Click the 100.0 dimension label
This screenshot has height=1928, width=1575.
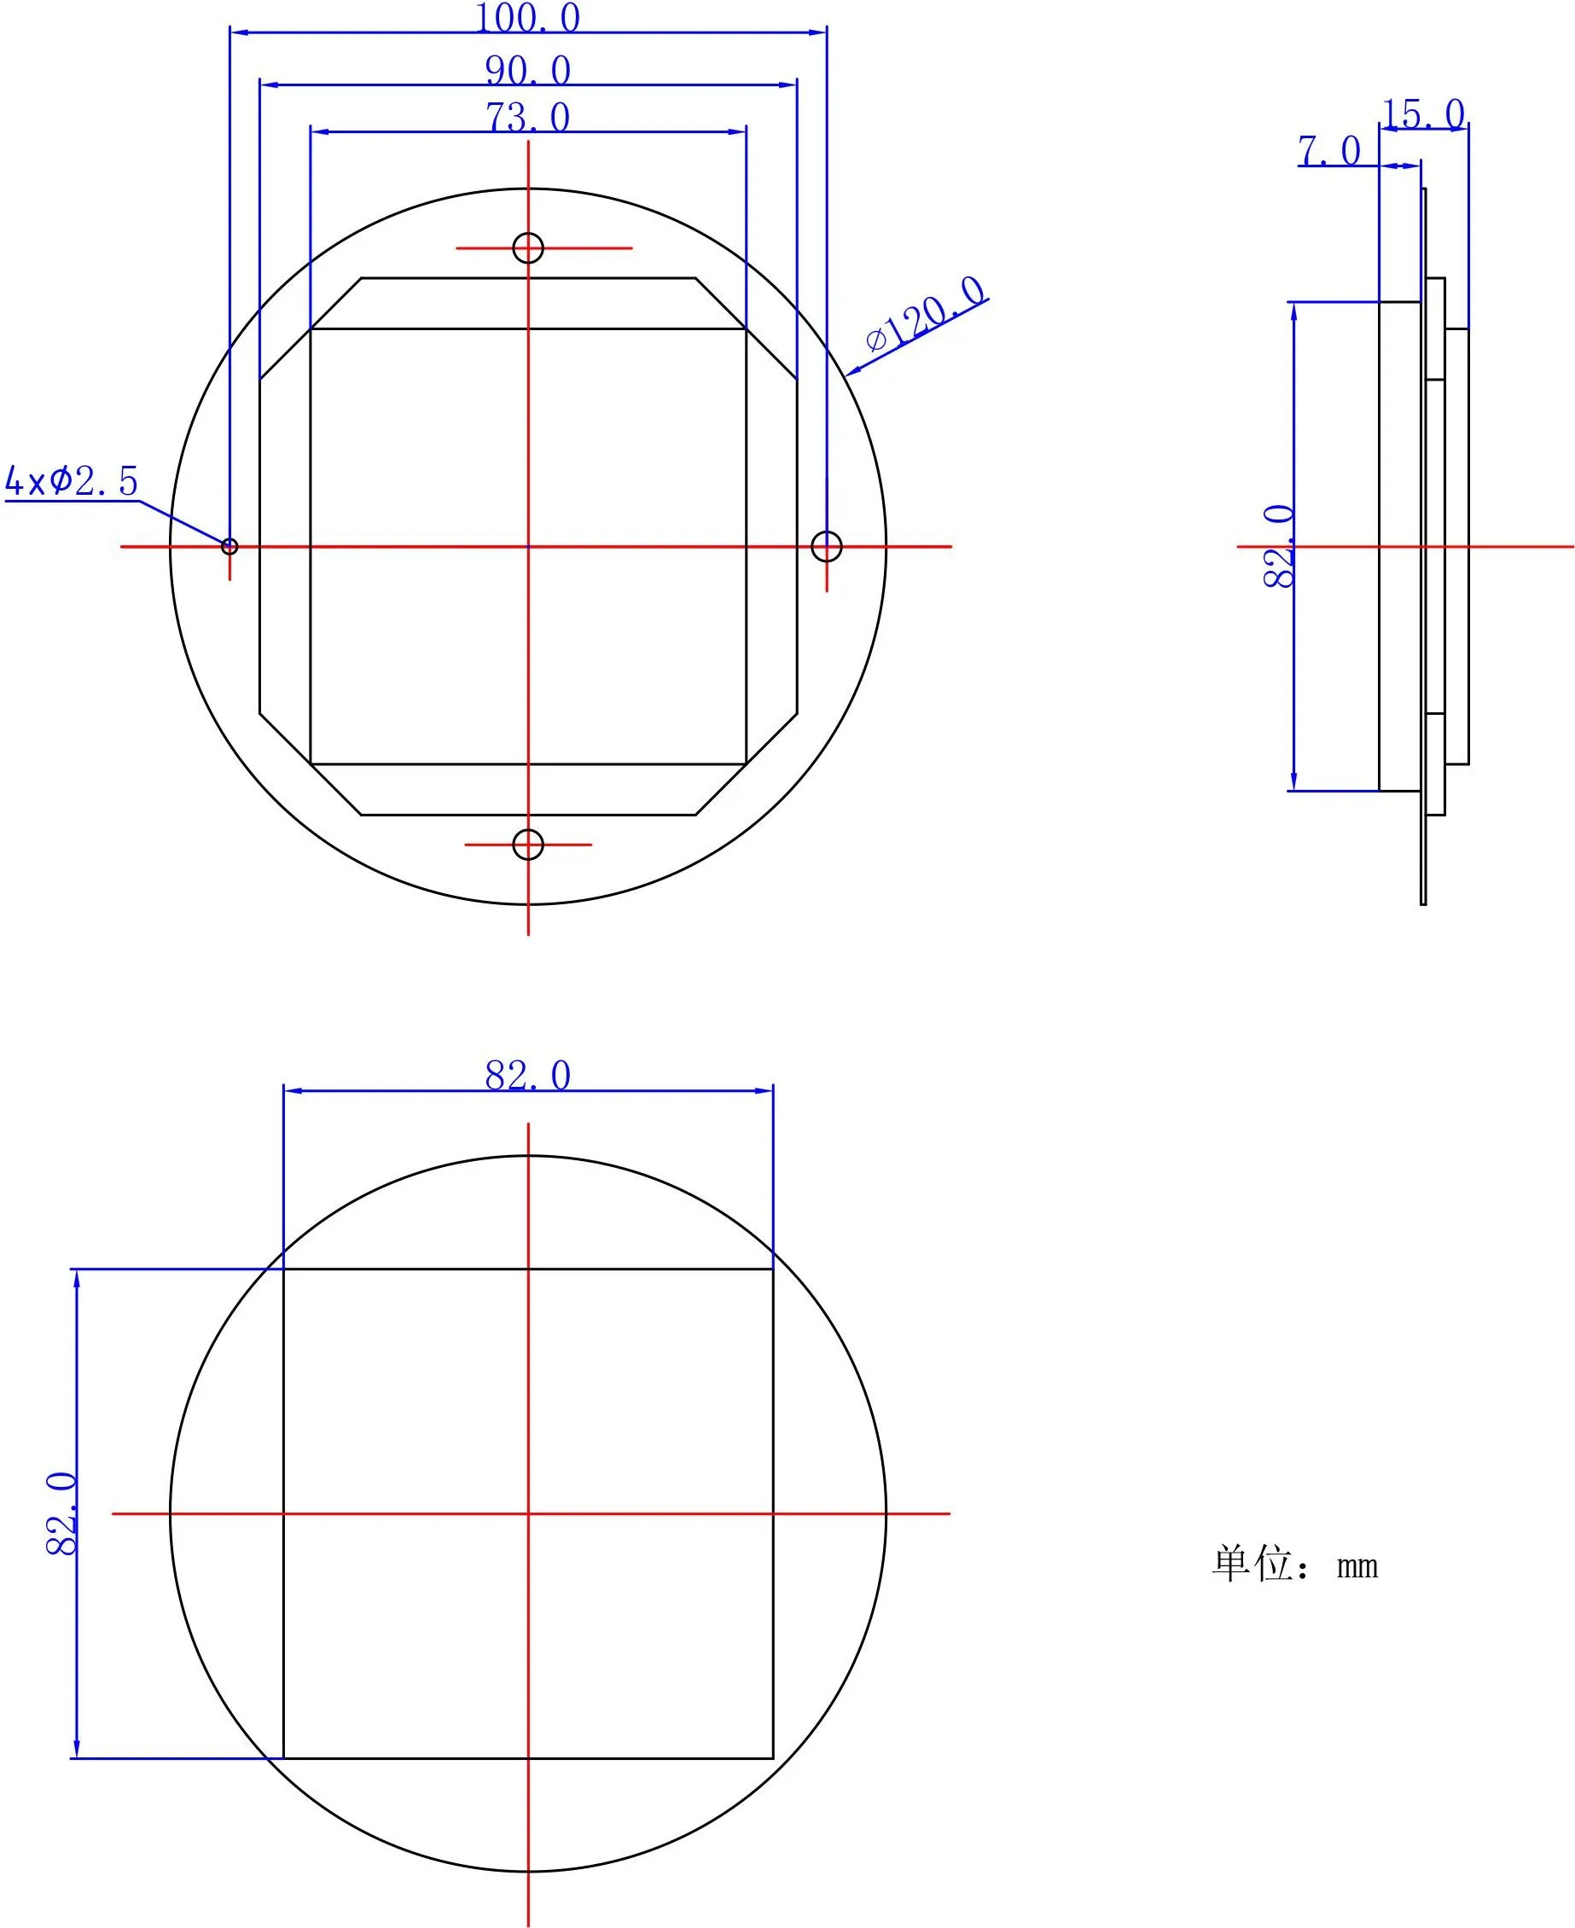[527, 18]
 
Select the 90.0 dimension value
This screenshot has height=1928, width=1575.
[527, 70]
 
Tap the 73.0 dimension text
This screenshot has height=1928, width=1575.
[527, 117]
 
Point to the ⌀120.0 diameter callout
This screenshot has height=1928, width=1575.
[926, 314]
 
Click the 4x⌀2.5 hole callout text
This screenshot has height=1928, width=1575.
[72, 481]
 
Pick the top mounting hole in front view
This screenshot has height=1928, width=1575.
[528, 247]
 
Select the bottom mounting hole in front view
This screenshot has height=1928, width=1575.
[528, 845]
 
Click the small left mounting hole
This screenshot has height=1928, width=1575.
[230, 546]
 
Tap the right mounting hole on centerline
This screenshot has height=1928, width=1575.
[827, 546]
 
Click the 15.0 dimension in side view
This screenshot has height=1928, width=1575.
[1422, 114]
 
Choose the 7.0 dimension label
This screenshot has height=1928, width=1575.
[1329, 151]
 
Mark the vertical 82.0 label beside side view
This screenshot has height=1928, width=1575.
[1279, 546]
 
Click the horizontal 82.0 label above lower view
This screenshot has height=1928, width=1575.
[527, 1075]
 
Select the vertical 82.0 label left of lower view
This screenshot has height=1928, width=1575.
[61, 1514]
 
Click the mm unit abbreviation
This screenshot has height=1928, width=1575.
[1357, 1567]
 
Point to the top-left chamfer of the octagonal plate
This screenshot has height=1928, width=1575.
[311, 328]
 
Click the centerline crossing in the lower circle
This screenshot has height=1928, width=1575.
[528, 1513]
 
